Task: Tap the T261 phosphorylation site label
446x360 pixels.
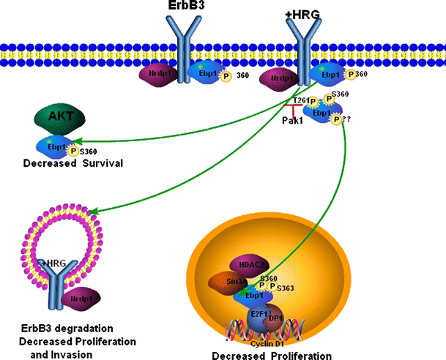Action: pos(298,101)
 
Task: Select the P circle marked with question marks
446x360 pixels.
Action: pos(338,121)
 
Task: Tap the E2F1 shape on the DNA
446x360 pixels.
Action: pos(259,316)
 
